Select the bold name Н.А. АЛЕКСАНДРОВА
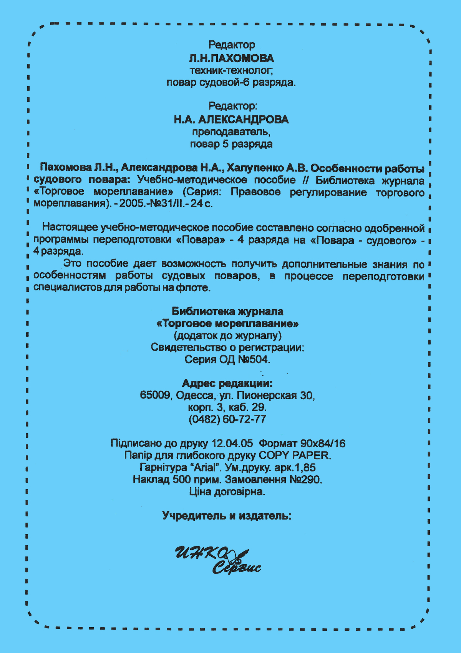pos(231,120)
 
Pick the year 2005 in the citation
pos(131,204)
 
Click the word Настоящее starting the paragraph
pos(70,228)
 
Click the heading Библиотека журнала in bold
pos(227,312)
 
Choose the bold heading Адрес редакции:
pos(227,383)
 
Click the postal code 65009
pos(156,395)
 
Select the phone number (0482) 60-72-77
pos(227,419)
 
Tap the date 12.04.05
pos(232,443)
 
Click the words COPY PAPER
pos(294,455)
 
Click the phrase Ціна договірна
pos(227,491)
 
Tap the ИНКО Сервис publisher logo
pos(217,560)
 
